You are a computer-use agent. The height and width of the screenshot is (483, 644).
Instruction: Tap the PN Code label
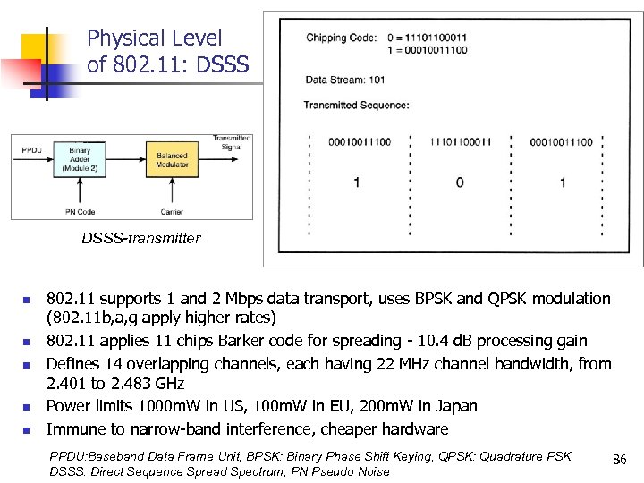click(x=81, y=211)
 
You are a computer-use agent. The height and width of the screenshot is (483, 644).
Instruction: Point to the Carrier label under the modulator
click(x=172, y=211)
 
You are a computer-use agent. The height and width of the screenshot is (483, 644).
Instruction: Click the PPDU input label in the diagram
click(x=31, y=149)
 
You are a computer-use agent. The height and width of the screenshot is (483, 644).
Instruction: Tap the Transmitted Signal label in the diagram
click(x=231, y=141)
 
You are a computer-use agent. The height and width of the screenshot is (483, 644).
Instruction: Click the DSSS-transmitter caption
click(x=141, y=238)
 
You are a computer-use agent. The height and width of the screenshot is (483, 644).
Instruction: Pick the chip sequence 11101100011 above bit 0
click(x=460, y=142)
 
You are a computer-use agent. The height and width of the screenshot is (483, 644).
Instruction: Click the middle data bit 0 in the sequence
click(x=460, y=182)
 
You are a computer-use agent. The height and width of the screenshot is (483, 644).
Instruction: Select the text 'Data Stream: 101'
click(x=345, y=80)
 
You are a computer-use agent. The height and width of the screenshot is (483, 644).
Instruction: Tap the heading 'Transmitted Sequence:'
click(x=356, y=106)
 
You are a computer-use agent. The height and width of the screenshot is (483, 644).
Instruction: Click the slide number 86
click(x=618, y=460)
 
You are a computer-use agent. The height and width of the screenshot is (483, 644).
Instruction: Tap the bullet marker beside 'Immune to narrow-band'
click(x=28, y=429)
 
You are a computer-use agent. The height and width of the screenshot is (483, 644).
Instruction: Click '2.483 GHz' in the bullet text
click(x=140, y=384)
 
